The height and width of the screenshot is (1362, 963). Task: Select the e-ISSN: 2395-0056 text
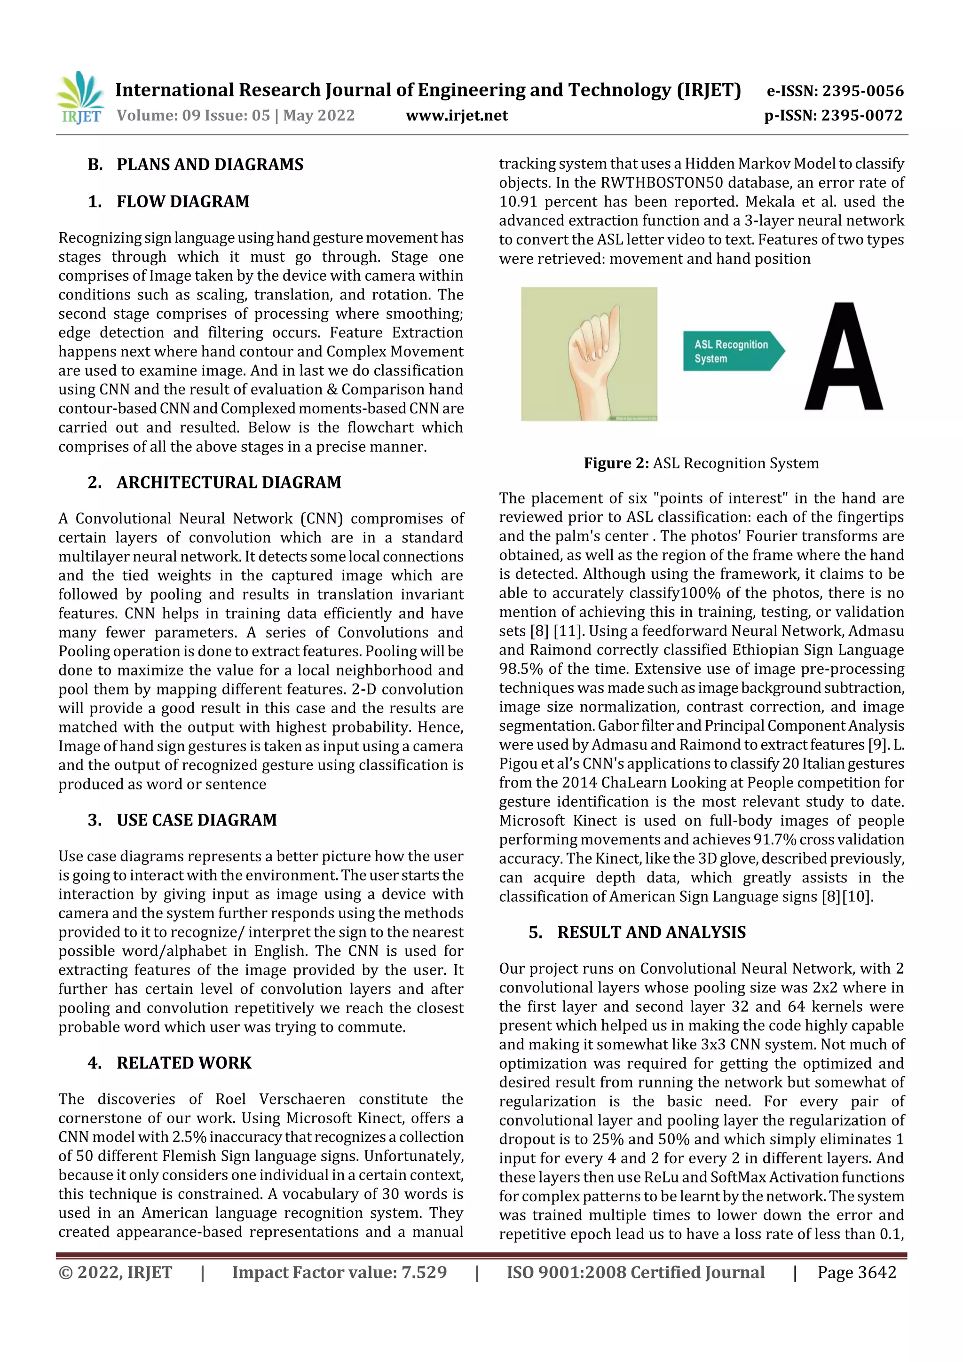pos(835,91)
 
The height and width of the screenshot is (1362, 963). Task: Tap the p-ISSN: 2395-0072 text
pos(833,115)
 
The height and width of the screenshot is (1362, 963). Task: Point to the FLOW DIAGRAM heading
pos(183,202)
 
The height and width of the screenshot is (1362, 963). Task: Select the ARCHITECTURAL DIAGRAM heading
pos(229,482)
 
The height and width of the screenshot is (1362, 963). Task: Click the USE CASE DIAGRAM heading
pos(197,820)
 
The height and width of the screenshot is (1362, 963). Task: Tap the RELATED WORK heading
pos(184,1063)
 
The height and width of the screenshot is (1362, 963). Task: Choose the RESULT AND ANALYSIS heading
pos(651,932)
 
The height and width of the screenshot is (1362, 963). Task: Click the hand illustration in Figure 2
pos(589,354)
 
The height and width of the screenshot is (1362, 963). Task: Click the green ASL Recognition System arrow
pos(733,351)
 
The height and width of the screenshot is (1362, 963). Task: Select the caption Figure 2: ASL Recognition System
pos(701,463)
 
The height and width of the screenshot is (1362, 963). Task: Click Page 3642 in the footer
pos(856,1272)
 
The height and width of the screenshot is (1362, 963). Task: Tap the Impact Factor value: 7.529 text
pos(339,1272)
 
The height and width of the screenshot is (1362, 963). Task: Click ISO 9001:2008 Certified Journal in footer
pos(635,1272)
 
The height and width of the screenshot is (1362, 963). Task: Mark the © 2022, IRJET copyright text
pos(115,1272)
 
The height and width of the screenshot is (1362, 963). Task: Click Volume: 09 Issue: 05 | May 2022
pos(236,115)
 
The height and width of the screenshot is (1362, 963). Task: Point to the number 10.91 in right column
pos(518,202)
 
